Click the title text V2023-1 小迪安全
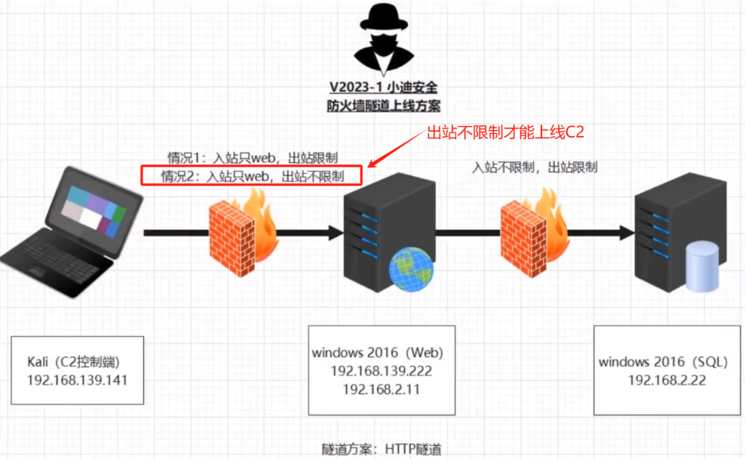[383, 87]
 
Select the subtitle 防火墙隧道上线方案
[383, 105]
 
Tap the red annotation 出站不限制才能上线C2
[505, 132]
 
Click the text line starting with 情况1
[252, 157]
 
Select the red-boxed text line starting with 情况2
[252, 176]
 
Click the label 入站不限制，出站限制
[535, 167]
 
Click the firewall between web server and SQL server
[535, 232]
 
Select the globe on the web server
[411, 269]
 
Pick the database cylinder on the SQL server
[702, 266]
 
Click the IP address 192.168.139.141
[77, 380]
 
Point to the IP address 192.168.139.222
[381, 371]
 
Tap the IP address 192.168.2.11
[381, 390]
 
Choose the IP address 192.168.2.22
[667, 380]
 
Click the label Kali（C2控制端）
[73, 362]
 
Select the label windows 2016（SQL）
[664, 362]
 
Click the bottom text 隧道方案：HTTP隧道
[381, 449]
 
